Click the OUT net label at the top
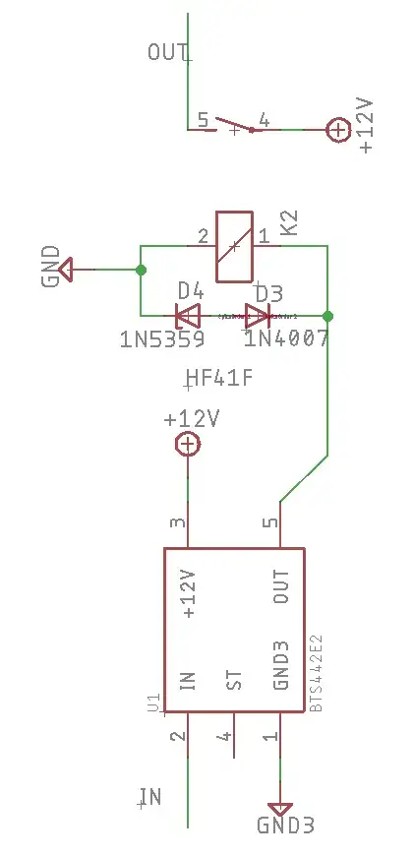click(x=167, y=52)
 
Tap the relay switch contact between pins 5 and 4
click(x=234, y=124)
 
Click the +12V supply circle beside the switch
click(x=337, y=130)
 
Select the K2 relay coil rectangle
click(x=236, y=246)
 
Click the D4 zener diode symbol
click(x=187, y=316)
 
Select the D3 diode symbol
click(x=257, y=316)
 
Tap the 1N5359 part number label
click(x=162, y=340)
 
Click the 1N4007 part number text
click(x=286, y=340)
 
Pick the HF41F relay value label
click(x=218, y=378)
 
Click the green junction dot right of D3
click(x=327, y=316)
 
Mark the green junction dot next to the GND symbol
click(x=141, y=269)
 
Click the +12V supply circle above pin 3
click(x=187, y=445)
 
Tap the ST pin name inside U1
click(x=234, y=680)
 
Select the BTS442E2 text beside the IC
click(x=317, y=673)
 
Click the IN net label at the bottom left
click(x=149, y=797)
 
